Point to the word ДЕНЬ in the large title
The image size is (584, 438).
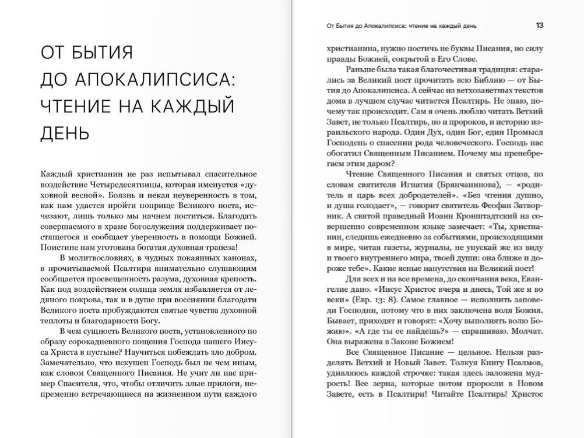point(65,133)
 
